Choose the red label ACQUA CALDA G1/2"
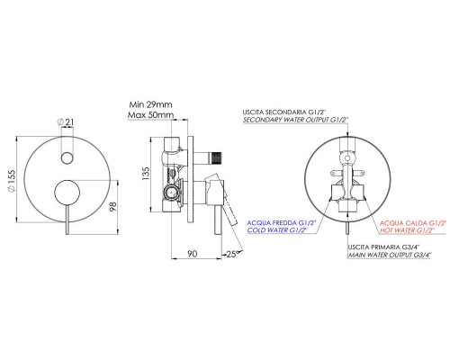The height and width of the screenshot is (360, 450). click(x=413, y=220)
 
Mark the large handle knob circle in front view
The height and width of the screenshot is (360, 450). click(x=64, y=193)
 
